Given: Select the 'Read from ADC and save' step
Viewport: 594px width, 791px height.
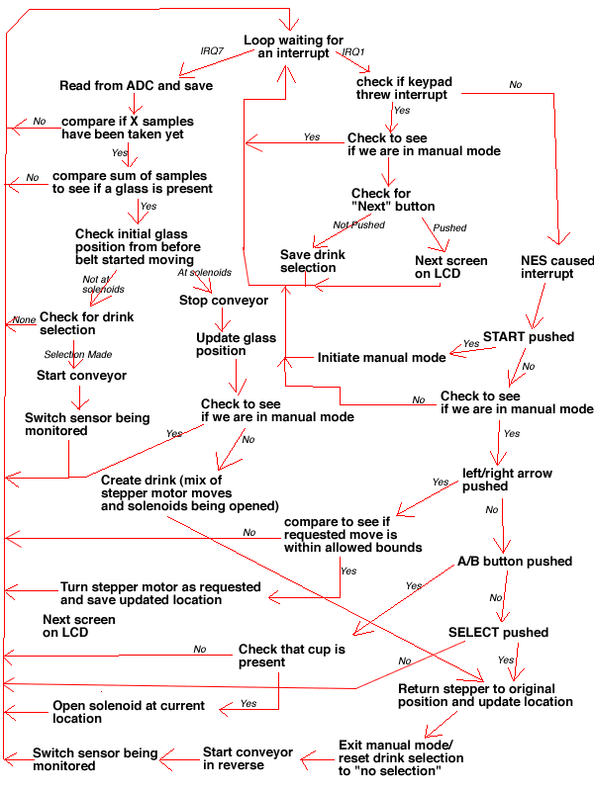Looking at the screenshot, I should pos(136,85).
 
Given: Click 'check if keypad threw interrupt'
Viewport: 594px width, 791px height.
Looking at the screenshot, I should pos(402,88).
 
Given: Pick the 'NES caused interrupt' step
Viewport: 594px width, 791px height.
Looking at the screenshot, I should pos(557,267).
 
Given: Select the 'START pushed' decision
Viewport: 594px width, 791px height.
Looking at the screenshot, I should pos(528,337).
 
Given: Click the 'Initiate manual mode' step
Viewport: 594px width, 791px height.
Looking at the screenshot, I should pos(381,357).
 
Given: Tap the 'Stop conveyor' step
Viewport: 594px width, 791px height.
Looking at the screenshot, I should pos(223,300).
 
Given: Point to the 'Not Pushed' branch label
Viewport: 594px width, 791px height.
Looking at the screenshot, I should pos(358,225).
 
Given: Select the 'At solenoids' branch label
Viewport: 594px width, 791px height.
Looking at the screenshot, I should pos(204,272).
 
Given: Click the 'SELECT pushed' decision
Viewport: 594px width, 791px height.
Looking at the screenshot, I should pos(498,633).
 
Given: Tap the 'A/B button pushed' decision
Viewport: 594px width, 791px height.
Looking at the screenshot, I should pos(515,562).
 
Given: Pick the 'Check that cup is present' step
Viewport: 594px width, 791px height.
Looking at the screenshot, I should pos(292,656).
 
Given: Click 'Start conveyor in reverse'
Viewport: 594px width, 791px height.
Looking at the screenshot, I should pos(247,758).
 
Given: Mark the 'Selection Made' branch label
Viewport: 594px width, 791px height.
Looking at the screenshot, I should pos(78,354).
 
